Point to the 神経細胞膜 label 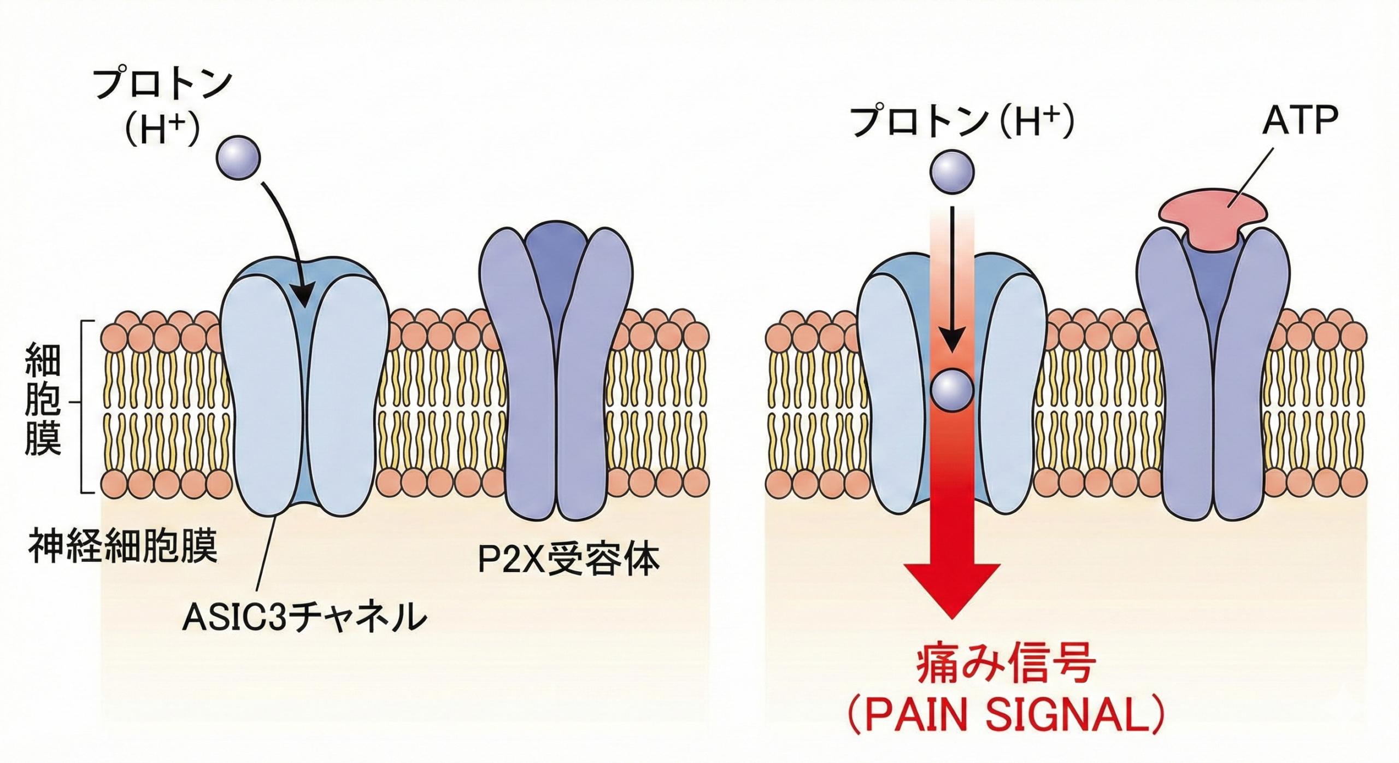tap(122, 545)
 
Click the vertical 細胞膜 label tap(43, 408)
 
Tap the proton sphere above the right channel tap(952, 173)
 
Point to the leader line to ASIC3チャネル tap(268, 552)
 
